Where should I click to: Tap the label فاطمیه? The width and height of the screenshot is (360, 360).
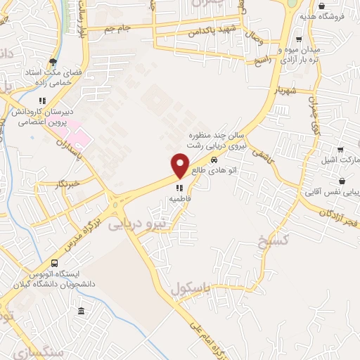180,199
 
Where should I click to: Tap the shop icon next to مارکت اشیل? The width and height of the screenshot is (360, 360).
340,149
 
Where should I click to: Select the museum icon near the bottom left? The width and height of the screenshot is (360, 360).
81,311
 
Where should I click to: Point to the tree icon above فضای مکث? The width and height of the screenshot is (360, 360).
53,62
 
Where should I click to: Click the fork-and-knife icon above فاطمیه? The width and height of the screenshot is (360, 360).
180,188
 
